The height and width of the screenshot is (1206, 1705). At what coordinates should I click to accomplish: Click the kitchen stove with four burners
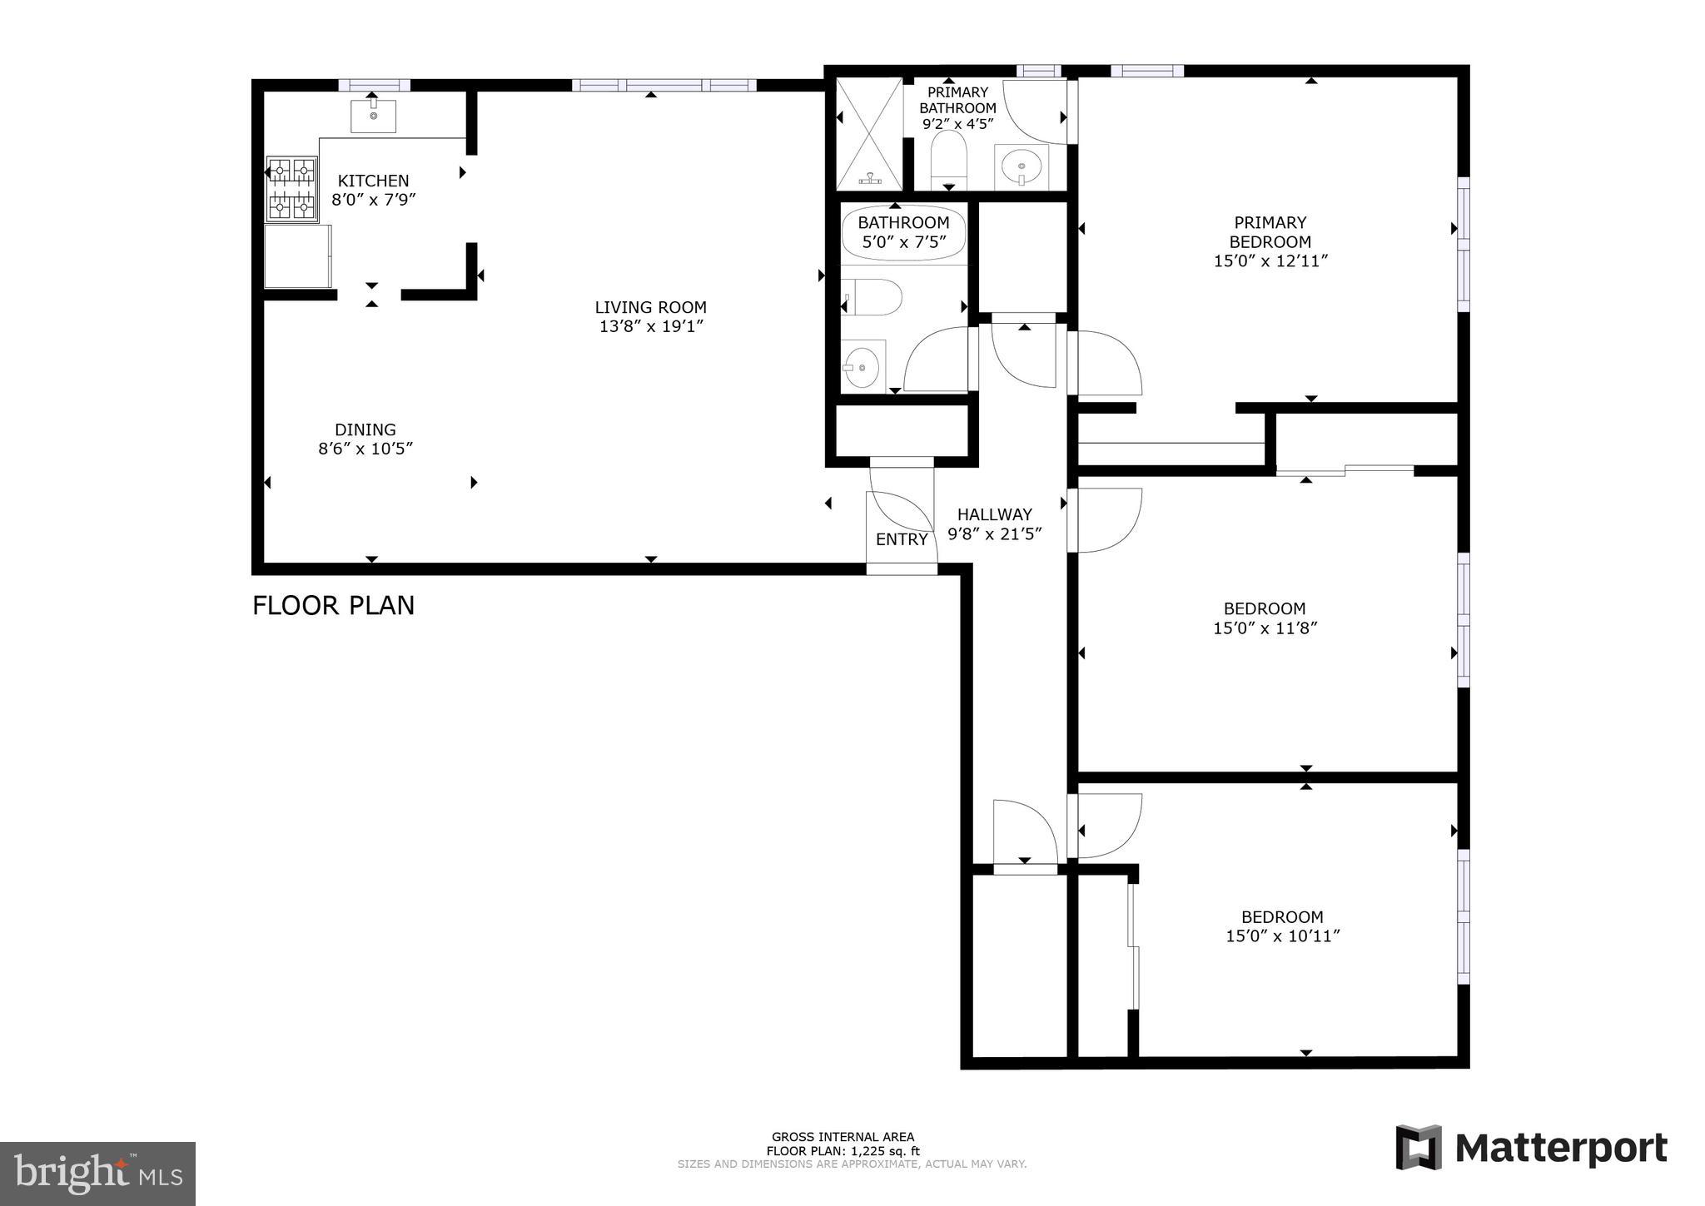coord(292,189)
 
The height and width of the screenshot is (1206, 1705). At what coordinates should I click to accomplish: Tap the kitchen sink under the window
coord(372,116)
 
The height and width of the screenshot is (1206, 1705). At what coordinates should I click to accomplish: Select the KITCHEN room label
coord(373,181)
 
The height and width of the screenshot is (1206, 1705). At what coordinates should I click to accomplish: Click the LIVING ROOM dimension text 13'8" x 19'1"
coord(651,326)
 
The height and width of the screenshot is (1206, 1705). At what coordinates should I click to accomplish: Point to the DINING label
coord(365,429)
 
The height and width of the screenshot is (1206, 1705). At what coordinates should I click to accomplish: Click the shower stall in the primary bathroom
coord(869,133)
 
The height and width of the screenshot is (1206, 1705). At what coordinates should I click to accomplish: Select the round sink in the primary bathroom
coord(1022,166)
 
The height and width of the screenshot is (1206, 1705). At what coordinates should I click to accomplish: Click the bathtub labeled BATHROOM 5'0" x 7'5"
coord(903,233)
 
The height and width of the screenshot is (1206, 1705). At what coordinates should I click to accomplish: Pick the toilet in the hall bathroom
coord(873,297)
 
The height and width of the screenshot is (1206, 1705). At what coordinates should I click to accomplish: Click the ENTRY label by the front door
coord(902,539)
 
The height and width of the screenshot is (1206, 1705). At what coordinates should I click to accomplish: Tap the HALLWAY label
coord(994,514)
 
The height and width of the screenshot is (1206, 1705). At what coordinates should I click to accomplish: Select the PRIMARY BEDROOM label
coord(1270,232)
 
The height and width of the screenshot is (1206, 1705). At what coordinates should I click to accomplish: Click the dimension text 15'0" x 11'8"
coord(1265,628)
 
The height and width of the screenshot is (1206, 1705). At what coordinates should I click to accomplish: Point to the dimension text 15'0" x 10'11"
coord(1282,936)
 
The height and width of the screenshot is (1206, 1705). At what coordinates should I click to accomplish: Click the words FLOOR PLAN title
coord(333,605)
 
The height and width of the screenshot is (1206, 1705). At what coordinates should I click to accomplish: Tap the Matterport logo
coord(1532,1148)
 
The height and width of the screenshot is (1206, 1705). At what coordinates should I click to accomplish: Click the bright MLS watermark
coord(97,1174)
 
